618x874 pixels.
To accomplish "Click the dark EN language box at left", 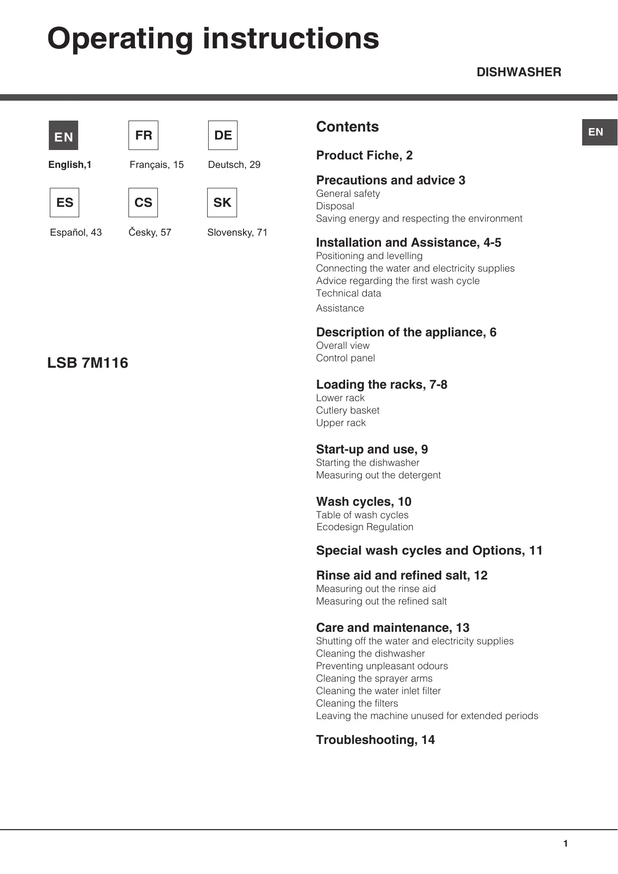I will (63, 136).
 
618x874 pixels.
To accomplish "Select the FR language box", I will (143, 135).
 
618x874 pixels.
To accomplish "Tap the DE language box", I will (223, 135).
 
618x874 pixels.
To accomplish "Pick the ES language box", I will (65, 202).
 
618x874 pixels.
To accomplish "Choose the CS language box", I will (143, 202).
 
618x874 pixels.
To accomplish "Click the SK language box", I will (222, 202).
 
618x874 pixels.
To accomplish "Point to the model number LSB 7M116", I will (88, 363).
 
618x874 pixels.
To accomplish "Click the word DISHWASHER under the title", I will (518, 72).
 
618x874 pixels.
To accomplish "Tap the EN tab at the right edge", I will (599, 132).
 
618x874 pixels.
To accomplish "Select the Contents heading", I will (347, 127).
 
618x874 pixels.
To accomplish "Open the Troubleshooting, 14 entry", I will (375, 740).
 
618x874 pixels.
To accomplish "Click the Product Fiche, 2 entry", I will (364, 155).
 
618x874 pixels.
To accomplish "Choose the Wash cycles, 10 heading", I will (364, 502).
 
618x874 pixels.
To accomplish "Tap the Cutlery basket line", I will (348, 411).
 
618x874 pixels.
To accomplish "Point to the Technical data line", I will (349, 293).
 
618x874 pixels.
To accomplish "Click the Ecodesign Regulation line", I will (365, 527).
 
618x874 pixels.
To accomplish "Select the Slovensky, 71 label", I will (237, 232).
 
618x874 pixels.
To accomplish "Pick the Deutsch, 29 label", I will (234, 164).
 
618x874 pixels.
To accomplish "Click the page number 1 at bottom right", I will (565, 844).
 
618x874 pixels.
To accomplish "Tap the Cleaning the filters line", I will (357, 704).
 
